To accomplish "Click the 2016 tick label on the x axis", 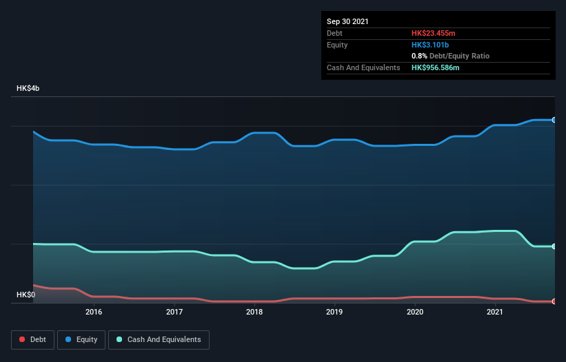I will [x=94, y=312].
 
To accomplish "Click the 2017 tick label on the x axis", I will [x=174, y=312].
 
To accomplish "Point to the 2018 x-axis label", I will [x=254, y=312].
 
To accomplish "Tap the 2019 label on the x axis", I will [x=334, y=312].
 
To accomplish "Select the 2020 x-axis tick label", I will [x=415, y=312].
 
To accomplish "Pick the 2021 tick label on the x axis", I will [x=494, y=312].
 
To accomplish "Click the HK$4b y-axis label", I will [x=28, y=89].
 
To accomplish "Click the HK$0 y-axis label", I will [x=26, y=295].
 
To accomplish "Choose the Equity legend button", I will [x=81, y=339].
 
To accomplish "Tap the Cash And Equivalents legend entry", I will [x=159, y=339].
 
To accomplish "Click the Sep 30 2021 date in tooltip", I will [x=347, y=21].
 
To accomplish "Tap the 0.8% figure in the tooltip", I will [x=418, y=56].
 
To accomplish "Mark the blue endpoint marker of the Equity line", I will [x=554, y=120].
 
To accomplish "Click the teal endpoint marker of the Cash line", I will [x=554, y=246].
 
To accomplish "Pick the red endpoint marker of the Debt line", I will [x=554, y=301].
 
